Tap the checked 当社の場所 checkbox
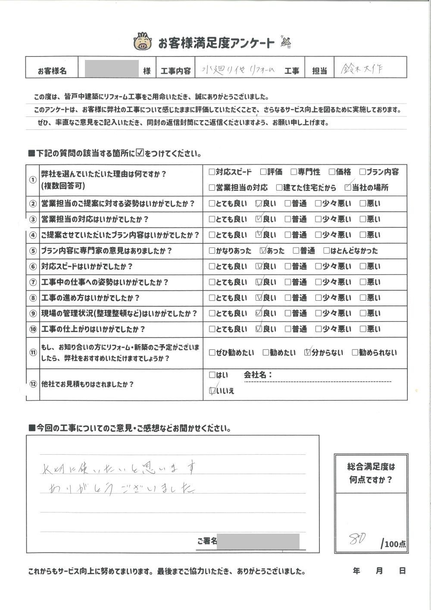[x=348, y=188]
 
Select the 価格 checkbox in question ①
[x=332, y=172]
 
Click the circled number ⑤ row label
[x=33, y=251]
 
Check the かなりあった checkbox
[x=212, y=251]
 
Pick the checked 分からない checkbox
[x=307, y=352]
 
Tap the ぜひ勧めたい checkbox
[x=212, y=353]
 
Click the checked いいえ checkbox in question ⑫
[x=212, y=391]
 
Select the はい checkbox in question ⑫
[x=212, y=375]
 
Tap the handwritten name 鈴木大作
[x=361, y=69]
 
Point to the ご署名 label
[x=206, y=541]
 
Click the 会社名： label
[x=258, y=375]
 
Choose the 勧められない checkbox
[x=355, y=353]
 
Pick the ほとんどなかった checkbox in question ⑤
[x=326, y=251]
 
